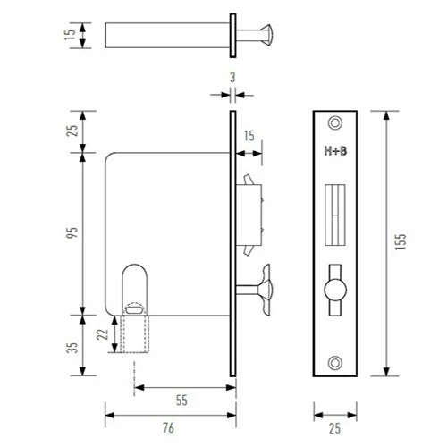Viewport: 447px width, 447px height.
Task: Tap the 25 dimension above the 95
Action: (72, 131)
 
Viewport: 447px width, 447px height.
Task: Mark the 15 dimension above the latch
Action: (248, 136)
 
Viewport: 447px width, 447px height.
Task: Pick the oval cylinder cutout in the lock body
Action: (135, 288)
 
